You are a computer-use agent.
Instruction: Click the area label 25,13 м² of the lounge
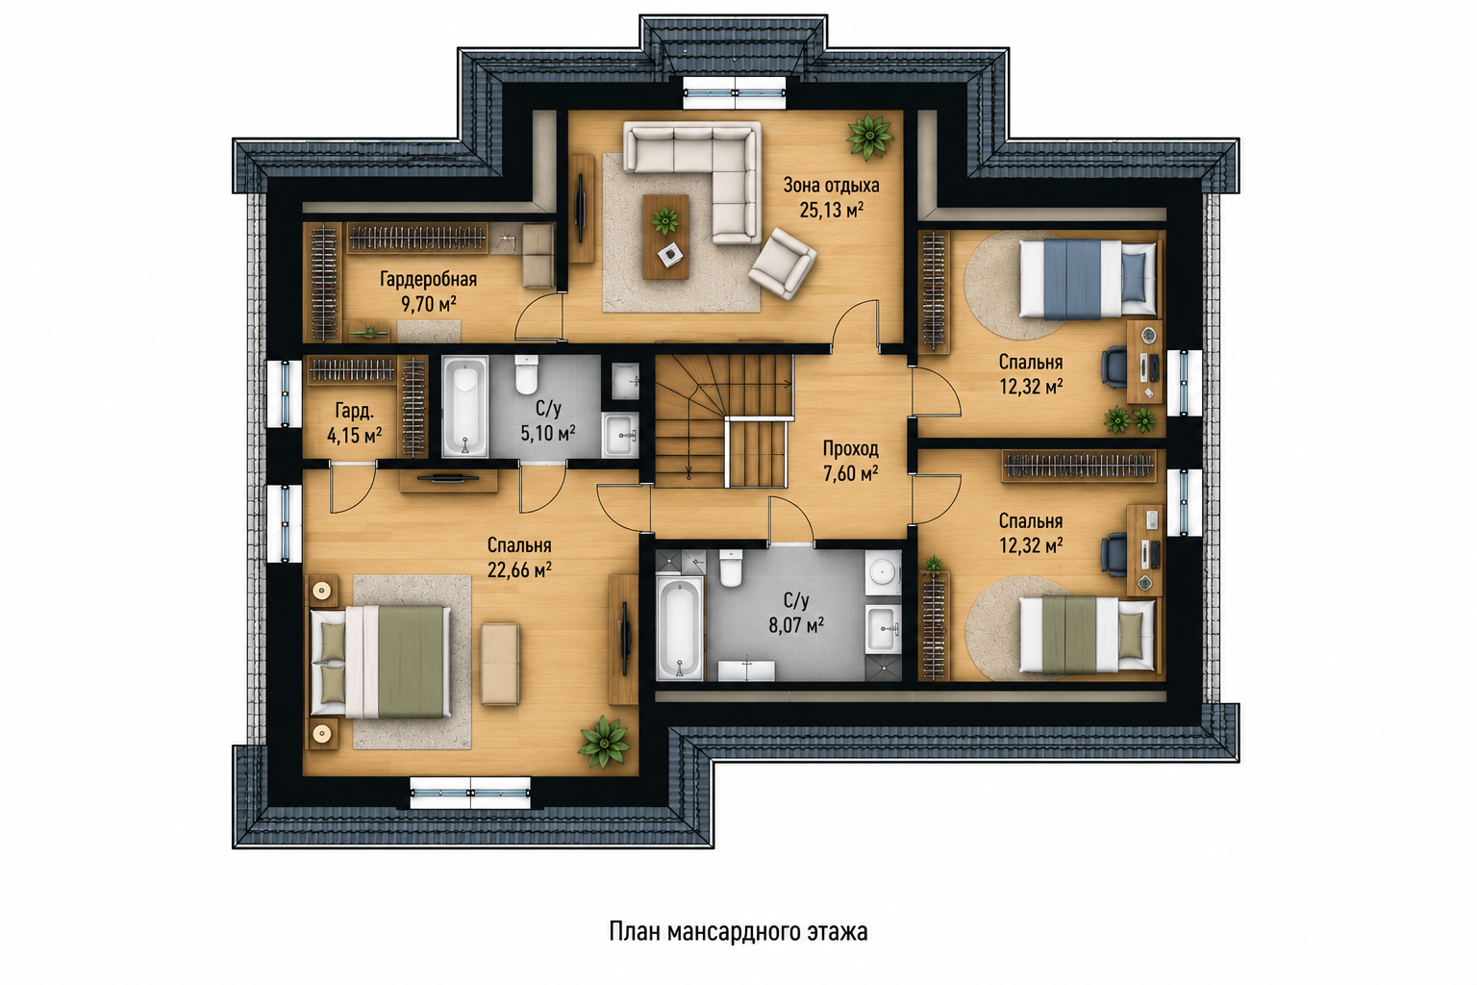pos(832,211)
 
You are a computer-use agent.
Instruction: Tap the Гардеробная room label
pos(428,279)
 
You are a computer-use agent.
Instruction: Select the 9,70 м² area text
pos(429,304)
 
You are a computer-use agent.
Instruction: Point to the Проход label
pos(851,448)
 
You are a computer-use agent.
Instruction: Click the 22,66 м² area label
pos(519,569)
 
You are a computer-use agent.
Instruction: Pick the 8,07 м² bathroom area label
pos(796,624)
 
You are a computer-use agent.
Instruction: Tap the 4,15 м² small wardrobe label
pos(355,436)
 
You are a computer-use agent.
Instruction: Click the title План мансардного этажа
pos(738,931)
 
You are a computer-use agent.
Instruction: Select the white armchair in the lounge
pos(783,264)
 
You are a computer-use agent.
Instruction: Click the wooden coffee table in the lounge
pos(666,237)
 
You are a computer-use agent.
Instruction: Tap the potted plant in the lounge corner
pos(869,137)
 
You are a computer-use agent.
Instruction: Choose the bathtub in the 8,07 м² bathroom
pos(679,629)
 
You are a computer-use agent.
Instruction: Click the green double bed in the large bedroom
pos(381,662)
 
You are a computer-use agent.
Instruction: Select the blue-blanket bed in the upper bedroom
pos(1088,278)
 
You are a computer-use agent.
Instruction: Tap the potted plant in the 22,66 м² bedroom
pos(603,743)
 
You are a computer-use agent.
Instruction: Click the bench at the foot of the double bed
pos(500,664)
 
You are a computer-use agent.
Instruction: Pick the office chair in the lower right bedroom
pos(1113,554)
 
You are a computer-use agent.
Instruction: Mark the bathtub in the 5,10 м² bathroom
pos(464,406)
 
